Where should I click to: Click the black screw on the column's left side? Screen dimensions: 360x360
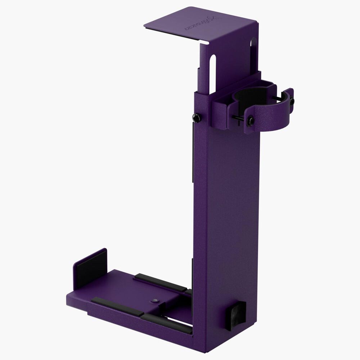click(x=197, y=117)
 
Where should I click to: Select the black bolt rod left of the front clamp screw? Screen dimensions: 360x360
click(x=238, y=118)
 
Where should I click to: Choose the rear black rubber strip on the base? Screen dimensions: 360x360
click(x=161, y=282)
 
